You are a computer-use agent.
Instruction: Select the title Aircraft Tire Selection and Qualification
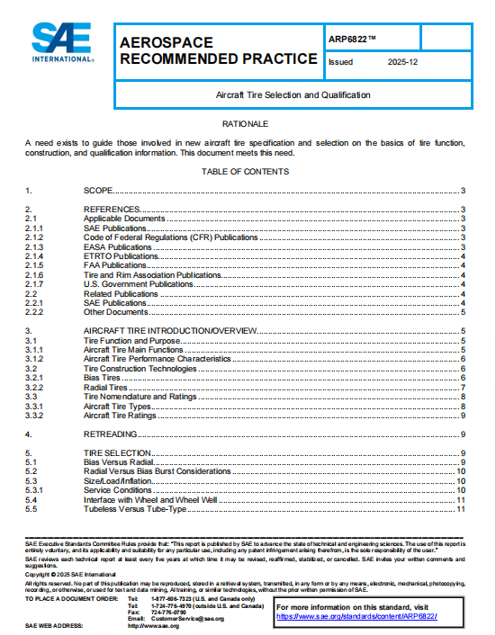(293, 94)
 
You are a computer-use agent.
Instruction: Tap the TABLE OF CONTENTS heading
(245, 171)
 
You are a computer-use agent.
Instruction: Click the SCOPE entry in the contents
(99, 191)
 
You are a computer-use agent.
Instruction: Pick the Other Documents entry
(116, 312)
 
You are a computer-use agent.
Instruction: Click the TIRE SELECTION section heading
(115, 453)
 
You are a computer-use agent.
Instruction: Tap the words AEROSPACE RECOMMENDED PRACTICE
(218, 51)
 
